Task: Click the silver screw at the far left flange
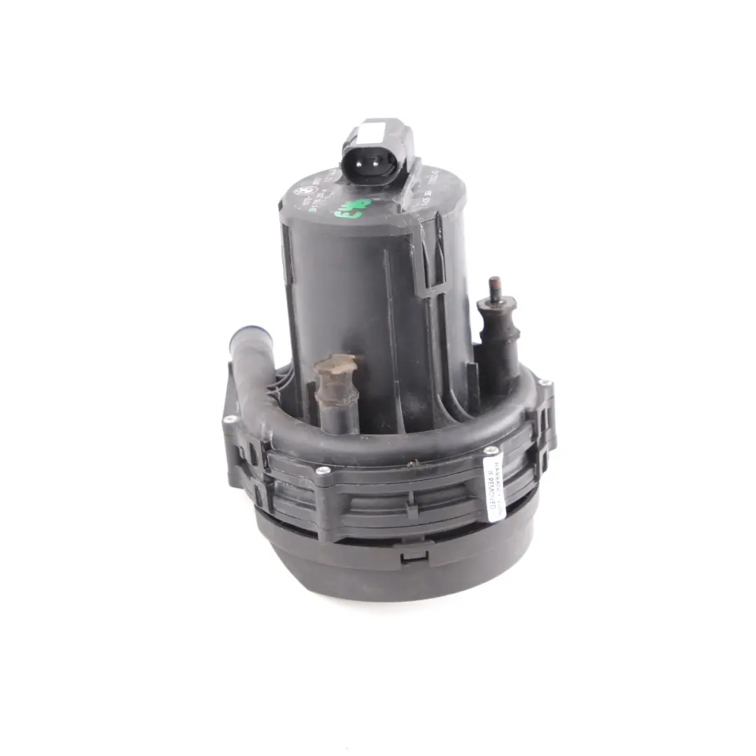click(x=229, y=419)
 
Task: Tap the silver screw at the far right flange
click(x=542, y=383)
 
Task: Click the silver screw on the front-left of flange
click(x=323, y=470)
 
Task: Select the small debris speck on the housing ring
click(x=418, y=462)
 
